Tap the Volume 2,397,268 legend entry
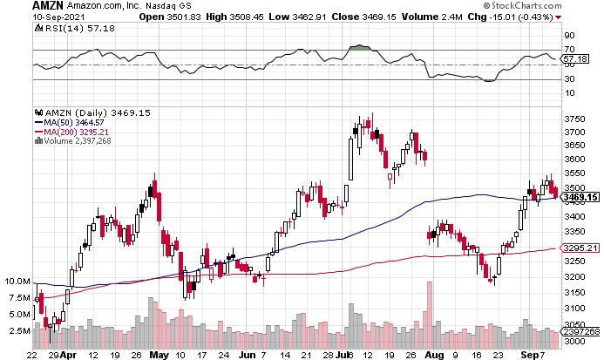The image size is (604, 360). click(80, 142)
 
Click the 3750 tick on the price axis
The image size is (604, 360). click(573, 119)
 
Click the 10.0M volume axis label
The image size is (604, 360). click(17, 282)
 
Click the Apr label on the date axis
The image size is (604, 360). click(69, 356)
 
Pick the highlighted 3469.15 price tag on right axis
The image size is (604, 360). click(580, 199)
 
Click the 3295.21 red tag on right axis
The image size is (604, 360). click(580, 248)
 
